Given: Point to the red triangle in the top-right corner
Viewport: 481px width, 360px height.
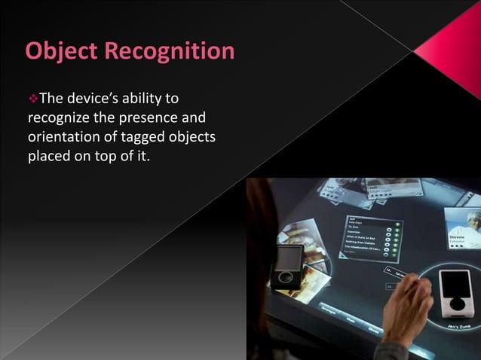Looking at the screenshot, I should [x=453, y=41].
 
